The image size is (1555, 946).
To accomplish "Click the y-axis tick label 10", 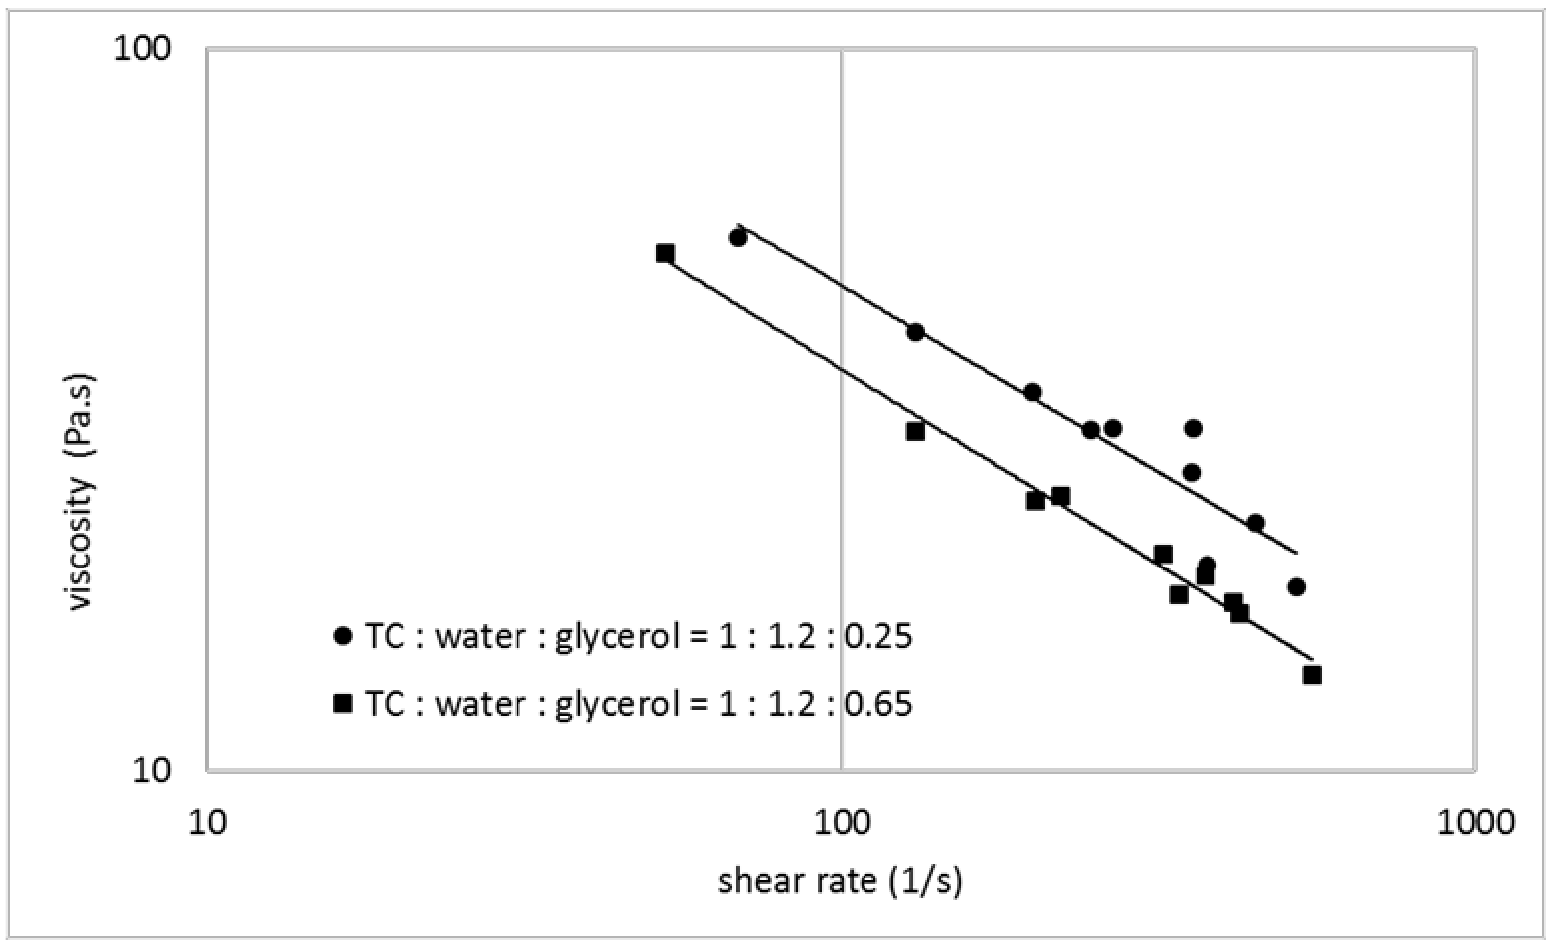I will tap(151, 771).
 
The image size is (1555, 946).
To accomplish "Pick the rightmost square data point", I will tap(1313, 675).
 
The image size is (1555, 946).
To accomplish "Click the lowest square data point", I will tap(1313, 675).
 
